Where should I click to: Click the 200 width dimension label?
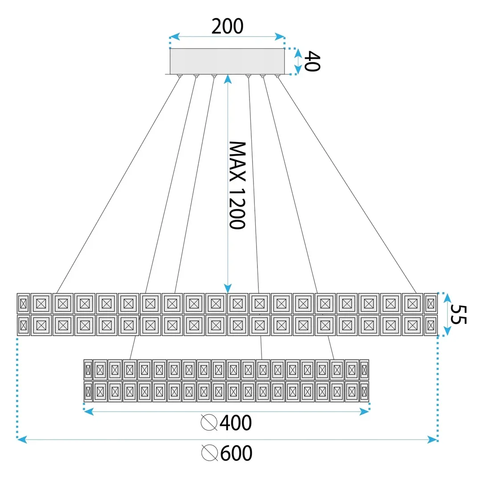click(227, 26)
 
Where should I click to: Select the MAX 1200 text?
click(237, 185)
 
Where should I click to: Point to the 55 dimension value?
click(458, 314)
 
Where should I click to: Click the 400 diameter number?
click(236, 423)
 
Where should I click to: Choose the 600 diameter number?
click(236, 453)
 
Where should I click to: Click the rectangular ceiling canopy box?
click(227, 61)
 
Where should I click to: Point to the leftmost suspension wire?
click(118, 185)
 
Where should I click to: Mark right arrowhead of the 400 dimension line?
click(365, 412)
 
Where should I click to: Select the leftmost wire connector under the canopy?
click(179, 76)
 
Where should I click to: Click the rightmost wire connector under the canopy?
click(277, 76)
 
